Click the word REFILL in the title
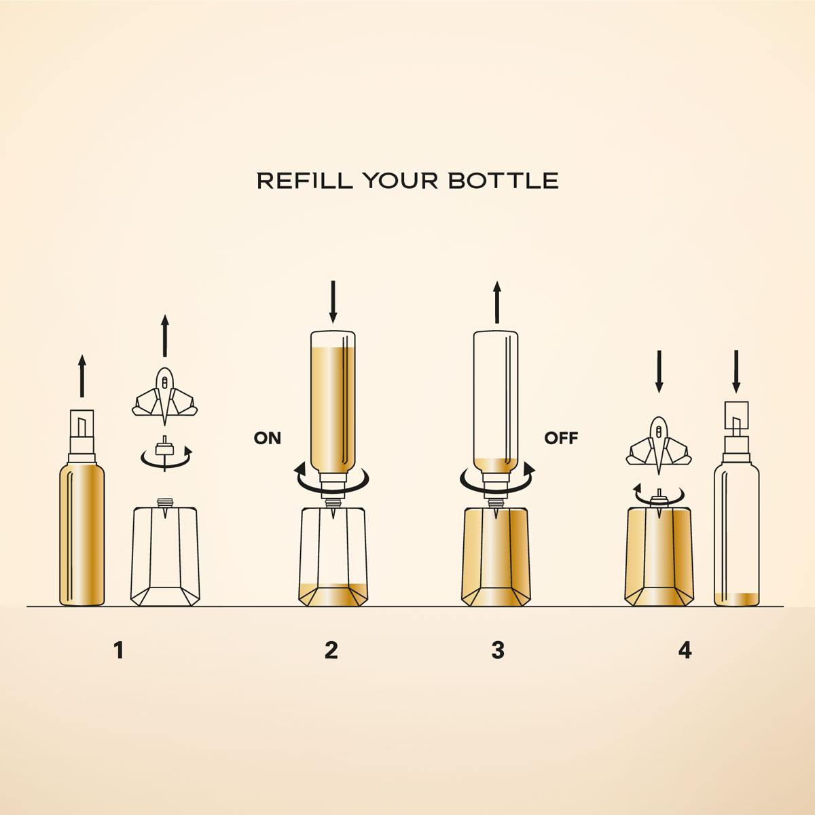(x=304, y=181)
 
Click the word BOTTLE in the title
(x=503, y=181)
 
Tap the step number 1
(x=119, y=651)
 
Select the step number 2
(x=331, y=651)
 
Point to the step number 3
(x=498, y=651)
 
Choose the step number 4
(x=685, y=651)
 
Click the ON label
(x=268, y=438)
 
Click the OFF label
(x=561, y=438)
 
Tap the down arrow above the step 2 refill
(x=333, y=302)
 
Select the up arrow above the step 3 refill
(x=497, y=302)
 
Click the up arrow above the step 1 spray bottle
(x=82, y=376)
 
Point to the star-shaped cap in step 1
(x=164, y=396)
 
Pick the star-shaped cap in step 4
(x=659, y=446)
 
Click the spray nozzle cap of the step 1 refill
(x=81, y=435)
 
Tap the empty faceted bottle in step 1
(x=165, y=551)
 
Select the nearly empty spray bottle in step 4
(x=736, y=503)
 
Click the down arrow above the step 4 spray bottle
(x=736, y=372)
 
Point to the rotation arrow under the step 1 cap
(x=166, y=459)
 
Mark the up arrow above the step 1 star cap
(x=165, y=336)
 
